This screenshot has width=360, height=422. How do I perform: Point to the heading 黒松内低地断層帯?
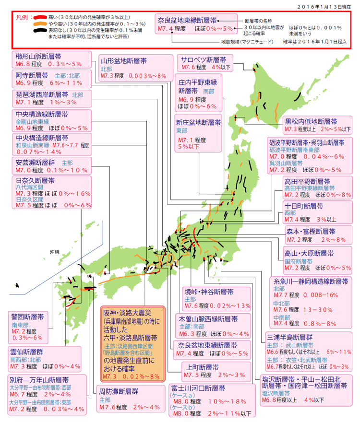(x=311, y=121)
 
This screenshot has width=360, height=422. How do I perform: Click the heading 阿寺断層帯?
(x=32, y=75)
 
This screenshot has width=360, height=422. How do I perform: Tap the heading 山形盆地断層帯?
(x=124, y=61)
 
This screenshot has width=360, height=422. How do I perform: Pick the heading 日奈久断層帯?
(x=35, y=181)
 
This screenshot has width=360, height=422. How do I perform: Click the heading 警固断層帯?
(x=28, y=317)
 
